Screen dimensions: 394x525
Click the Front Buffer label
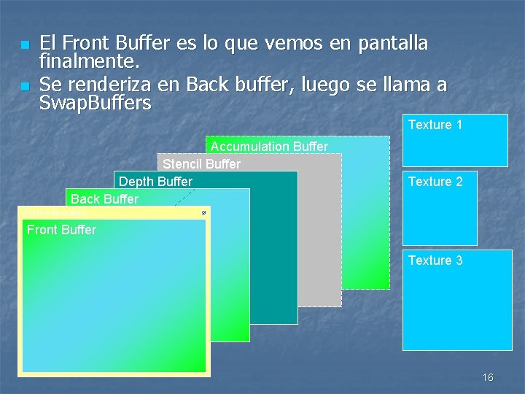(61, 230)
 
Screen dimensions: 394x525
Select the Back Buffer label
(104, 199)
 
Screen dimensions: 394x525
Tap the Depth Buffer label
(155, 182)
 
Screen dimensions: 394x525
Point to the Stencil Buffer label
(201, 164)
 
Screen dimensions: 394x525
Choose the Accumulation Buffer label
(269, 147)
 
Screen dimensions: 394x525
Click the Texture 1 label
(435, 125)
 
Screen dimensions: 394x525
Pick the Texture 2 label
(435, 182)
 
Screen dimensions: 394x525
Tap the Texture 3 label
(435, 260)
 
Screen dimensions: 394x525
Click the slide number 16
(488, 377)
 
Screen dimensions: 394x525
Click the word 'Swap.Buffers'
(95, 103)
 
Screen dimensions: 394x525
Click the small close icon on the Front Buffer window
(203, 212)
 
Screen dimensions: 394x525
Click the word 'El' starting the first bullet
(47, 43)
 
